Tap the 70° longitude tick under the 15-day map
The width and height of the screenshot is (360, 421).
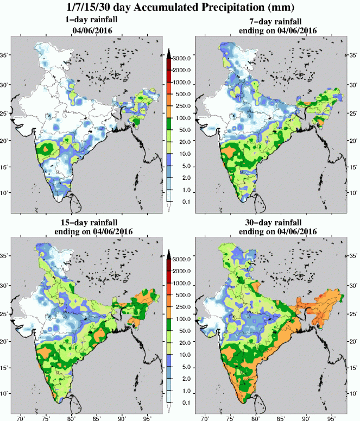(x=21, y=418)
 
